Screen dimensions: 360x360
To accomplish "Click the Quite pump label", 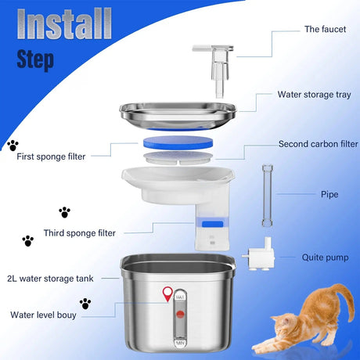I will pyautogui.click(x=325, y=257).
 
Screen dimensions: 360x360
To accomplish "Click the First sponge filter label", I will pyautogui.click(x=52, y=156).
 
